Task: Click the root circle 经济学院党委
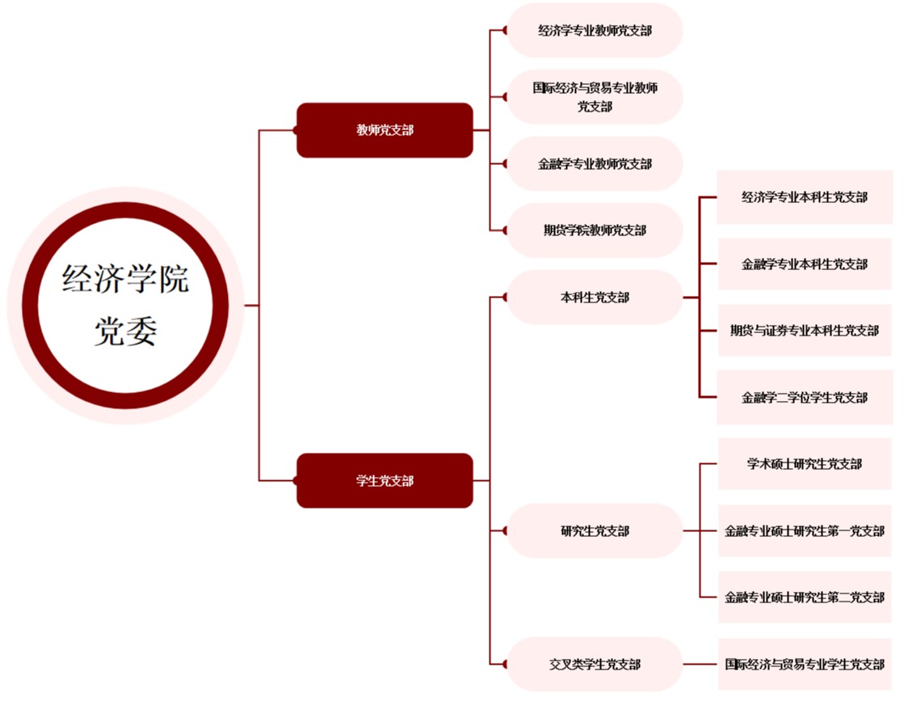[x=125, y=306]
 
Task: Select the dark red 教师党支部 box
[x=385, y=130]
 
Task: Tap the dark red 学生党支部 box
[x=385, y=481]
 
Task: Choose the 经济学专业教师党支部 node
[x=595, y=31]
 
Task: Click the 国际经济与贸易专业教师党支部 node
[x=595, y=97]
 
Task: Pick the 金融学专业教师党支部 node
[x=595, y=164]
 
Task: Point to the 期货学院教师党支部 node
[x=595, y=230]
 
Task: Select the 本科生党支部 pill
[x=595, y=298]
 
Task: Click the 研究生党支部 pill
[x=595, y=531]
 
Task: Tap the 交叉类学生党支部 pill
[x=595, y=665]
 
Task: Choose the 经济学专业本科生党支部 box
[x=805, y=197]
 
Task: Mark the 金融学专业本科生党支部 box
[x=805, y=264]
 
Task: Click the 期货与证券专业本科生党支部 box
[x=805, y=331]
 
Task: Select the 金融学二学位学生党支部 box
[x=805, y=398]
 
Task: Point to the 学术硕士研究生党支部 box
[x=805, y=464]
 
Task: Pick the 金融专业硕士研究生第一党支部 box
[x=805, y=531]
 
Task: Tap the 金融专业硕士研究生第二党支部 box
[x=805, y=598]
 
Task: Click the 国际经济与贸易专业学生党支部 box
[x=805, y=665]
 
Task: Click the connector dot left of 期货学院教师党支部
[x=505, y=230]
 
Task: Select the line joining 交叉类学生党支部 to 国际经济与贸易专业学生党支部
[x=700, y=665]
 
